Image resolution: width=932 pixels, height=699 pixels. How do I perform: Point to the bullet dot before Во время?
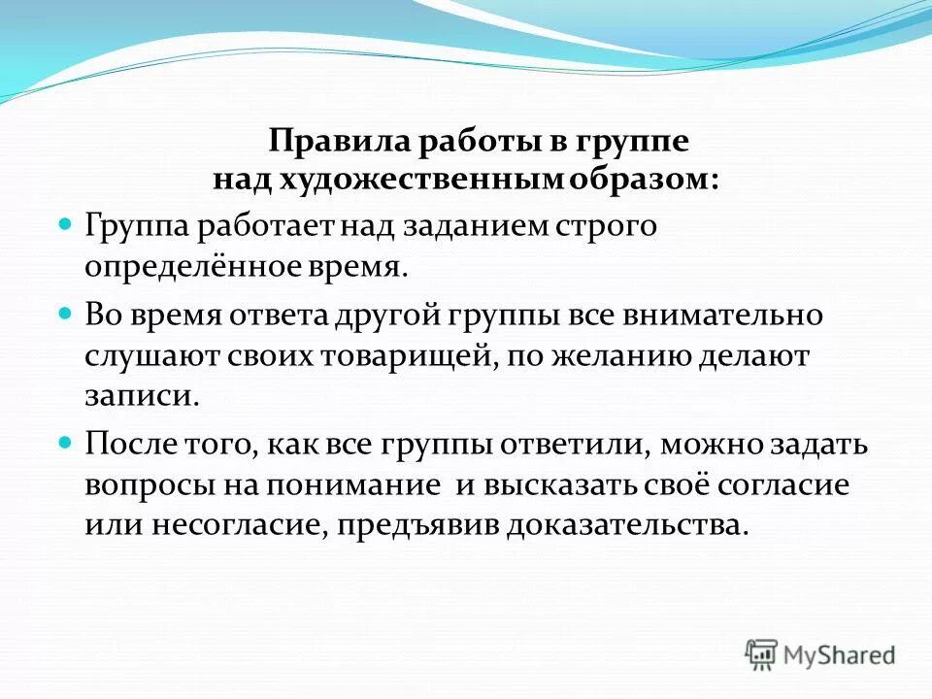pos(67,315)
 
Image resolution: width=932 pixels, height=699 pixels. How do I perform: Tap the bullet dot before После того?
pos(67,441)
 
